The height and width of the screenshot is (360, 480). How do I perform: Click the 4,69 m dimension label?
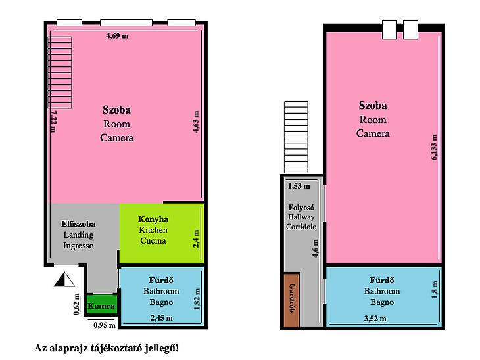[x=117, y=35]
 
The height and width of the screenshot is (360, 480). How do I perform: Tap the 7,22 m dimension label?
[x=53, y=121]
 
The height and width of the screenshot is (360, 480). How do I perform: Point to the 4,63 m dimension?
[x=196, y=122]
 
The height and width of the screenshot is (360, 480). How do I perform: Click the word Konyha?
[x=153, y=219]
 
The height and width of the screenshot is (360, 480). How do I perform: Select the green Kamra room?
[x=101, y=305]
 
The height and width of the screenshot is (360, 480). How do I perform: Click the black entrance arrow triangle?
[x=64, y=279]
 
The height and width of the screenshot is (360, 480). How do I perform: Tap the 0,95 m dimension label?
[x=105, y=325]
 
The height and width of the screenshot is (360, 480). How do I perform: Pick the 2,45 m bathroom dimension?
[x=161, y=318]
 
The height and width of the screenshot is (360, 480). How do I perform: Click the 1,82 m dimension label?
[x=197, y=299]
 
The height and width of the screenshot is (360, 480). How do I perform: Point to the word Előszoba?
[x=78, y=224]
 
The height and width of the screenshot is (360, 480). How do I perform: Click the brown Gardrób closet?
[x=291, y=300]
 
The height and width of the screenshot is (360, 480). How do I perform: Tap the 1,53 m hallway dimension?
[x=299, y=186]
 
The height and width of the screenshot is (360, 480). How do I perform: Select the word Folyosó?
[x=301, y=208]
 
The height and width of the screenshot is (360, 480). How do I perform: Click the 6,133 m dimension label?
[x=434, y=147]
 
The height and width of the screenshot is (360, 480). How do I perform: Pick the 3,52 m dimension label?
[x=375, y=319]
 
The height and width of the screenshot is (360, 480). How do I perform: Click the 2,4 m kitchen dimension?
[x=196, y=238]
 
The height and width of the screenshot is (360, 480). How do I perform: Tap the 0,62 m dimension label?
[x=76, y=304]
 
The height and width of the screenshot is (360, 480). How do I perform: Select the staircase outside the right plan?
[x=296, y=137]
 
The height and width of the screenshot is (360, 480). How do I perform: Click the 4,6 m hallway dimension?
[x=315, y=248]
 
